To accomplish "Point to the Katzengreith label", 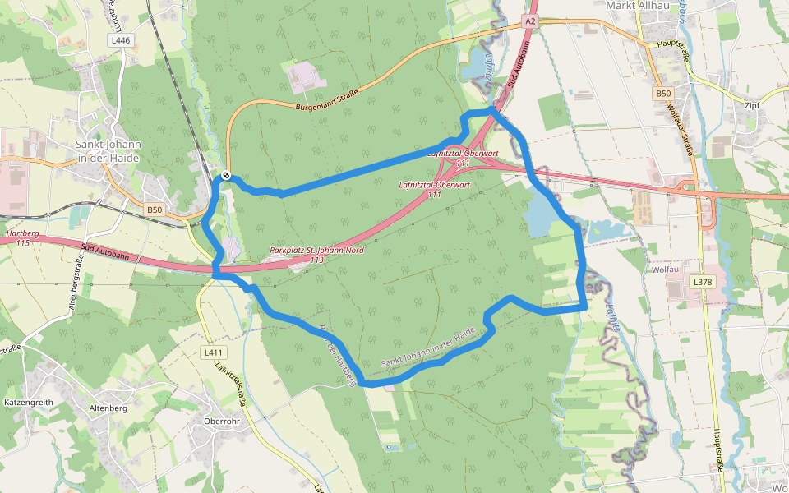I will [28, 403].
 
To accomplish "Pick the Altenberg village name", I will [109, 408].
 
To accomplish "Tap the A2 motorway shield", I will [529, 21].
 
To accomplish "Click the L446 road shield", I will [120, 39].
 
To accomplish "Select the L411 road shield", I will [213, 352].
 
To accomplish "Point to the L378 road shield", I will [703, 282].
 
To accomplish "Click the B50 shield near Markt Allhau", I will [664, 94].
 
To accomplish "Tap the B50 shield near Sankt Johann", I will [154, 210].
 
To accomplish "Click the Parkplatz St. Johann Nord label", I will [316, 254].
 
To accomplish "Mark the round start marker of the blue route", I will [225, 175].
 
